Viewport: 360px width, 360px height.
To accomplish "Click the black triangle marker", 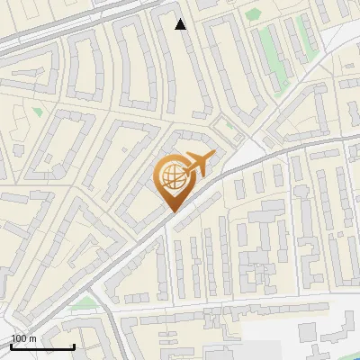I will pos(181,24).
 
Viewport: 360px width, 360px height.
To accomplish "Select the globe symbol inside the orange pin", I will pos(171,175).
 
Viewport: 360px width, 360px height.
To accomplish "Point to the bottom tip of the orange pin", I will pos(171,211).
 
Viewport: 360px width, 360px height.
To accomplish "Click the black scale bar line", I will pos(42,346).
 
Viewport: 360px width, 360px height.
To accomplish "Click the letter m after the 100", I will pos(32,338).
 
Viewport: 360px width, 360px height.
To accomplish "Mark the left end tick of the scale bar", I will pos(11,345).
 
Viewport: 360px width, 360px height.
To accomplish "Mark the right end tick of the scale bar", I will pos(74,345).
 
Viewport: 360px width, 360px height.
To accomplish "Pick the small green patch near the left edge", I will pos(37,112).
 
